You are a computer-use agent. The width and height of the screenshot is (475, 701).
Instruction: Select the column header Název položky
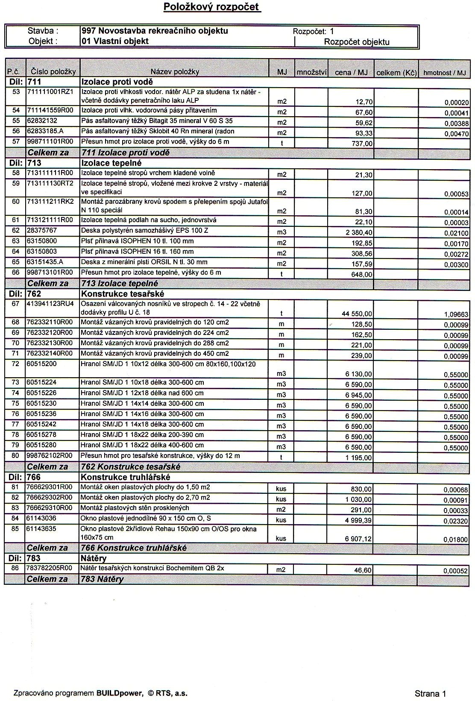coord(175,72)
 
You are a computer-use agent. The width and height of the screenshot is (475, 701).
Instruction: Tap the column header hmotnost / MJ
coord(444,73)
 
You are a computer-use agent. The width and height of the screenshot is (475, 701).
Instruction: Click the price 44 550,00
coord(357,314)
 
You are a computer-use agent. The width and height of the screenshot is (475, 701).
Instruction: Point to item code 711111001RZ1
coord(50,92)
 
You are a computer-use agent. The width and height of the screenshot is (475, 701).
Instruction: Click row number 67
coord(16,304)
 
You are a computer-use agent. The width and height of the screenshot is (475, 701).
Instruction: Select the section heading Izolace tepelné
coord(111,163)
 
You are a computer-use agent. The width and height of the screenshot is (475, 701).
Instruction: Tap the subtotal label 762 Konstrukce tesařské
coord(130,467)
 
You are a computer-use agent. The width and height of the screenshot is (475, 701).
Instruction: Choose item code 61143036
coord(41,519)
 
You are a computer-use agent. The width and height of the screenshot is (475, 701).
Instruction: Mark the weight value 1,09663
coord(456,314)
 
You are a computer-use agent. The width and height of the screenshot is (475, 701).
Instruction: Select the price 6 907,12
coord(358,539)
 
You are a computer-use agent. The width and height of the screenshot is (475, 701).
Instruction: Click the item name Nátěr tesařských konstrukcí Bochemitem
coord(152,569)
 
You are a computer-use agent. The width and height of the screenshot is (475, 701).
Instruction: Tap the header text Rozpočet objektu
coord(357,42)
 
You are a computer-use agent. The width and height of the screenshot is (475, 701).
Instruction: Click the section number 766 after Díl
coord(34,478)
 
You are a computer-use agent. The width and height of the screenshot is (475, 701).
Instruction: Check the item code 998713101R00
coord(50,273)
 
